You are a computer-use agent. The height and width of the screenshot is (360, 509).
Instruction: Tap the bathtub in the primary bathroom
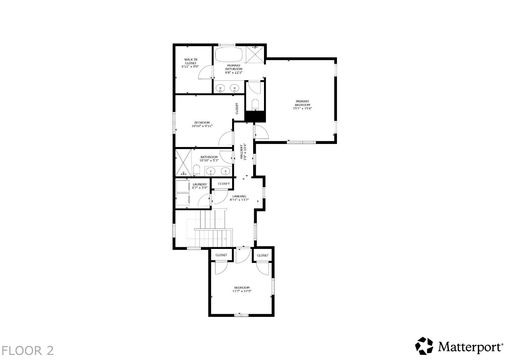(x=229, y=54)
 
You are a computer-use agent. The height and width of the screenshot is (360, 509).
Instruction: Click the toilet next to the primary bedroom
(x=256, y=105)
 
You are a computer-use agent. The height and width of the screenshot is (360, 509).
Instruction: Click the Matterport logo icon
(x=424, y=346)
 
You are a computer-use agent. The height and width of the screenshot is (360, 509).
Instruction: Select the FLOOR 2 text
(x=27, y=350)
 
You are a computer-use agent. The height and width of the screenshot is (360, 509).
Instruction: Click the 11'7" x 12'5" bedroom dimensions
(x=242, y=291)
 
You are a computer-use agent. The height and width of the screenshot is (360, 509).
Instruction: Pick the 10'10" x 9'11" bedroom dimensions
(x=202, y=126)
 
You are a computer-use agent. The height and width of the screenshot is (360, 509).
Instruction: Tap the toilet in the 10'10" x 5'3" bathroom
(x=196, y=170)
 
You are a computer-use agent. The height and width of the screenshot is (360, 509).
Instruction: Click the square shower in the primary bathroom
(x=256, y=54)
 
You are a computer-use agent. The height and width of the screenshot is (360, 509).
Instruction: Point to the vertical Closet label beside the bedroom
(x=237, y=109)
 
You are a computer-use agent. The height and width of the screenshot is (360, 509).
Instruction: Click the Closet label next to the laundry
(x=224, y=184)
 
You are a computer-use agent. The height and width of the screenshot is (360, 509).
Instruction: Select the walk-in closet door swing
(x=206, y=72)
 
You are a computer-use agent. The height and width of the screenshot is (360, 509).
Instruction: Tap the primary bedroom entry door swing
(x=261, y=132)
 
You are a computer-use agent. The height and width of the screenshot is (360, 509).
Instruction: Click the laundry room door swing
(x=204, y=200)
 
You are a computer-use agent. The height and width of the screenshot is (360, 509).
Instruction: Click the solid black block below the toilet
(x=255, y=116)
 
